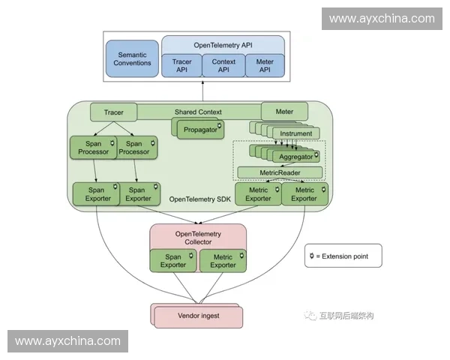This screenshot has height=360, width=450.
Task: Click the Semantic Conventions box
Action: [x=132, y=58]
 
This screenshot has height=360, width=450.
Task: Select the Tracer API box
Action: [x=182, y=66]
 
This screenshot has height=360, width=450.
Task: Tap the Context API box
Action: [x=223, y=66]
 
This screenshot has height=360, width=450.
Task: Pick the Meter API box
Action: [x=265, y=66]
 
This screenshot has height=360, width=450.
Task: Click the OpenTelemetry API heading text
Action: [x=223, y=44]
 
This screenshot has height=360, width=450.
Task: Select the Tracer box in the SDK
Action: [x=113, y=112]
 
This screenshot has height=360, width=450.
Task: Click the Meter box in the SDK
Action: [x=284, y=112]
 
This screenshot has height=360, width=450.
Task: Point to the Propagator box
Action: [x=199, y=130]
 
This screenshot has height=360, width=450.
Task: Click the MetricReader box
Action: [x=280, y=172]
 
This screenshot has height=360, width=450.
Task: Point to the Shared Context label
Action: [x=198, y=112]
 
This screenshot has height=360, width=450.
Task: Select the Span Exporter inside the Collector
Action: [x=173, y=260]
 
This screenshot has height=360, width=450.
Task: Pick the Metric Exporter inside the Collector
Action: [x=223, y=260]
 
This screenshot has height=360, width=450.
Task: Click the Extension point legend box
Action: [x=343, y=256]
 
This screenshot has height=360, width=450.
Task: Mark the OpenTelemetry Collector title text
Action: [x=198, y=238]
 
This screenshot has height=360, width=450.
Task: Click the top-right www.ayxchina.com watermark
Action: [x=381, y=19]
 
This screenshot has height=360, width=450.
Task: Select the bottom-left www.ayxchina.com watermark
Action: [x=68, y=341]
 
